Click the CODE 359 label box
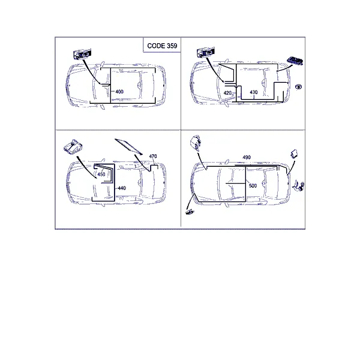pos(162,45)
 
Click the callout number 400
pos(119,92)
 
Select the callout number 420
pos(227,93)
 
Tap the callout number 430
pos(253,92)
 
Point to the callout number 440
pos(122,188)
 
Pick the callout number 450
pos(101,174)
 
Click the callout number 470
pos(153,156)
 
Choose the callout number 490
pos(247,157)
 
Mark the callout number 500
pos(253,185)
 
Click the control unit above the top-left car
pos(82,54)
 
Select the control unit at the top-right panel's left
pos(206,52)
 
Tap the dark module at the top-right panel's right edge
pos(295,61)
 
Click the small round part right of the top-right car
pos(298,87)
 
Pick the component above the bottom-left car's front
pos(73,146)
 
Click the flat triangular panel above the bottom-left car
pos(128,146)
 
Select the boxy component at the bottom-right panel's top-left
pos(196,143)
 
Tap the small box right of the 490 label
pos(294,154)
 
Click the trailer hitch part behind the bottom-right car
pos(299,186)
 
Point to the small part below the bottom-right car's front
pos(190,212)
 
